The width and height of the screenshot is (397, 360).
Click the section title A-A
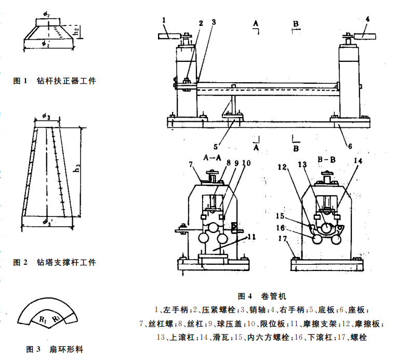click(x=213, y=157)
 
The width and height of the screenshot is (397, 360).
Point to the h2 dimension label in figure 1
click(x=77, y=32)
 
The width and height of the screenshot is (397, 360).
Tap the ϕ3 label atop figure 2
click(x=47, y=116)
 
